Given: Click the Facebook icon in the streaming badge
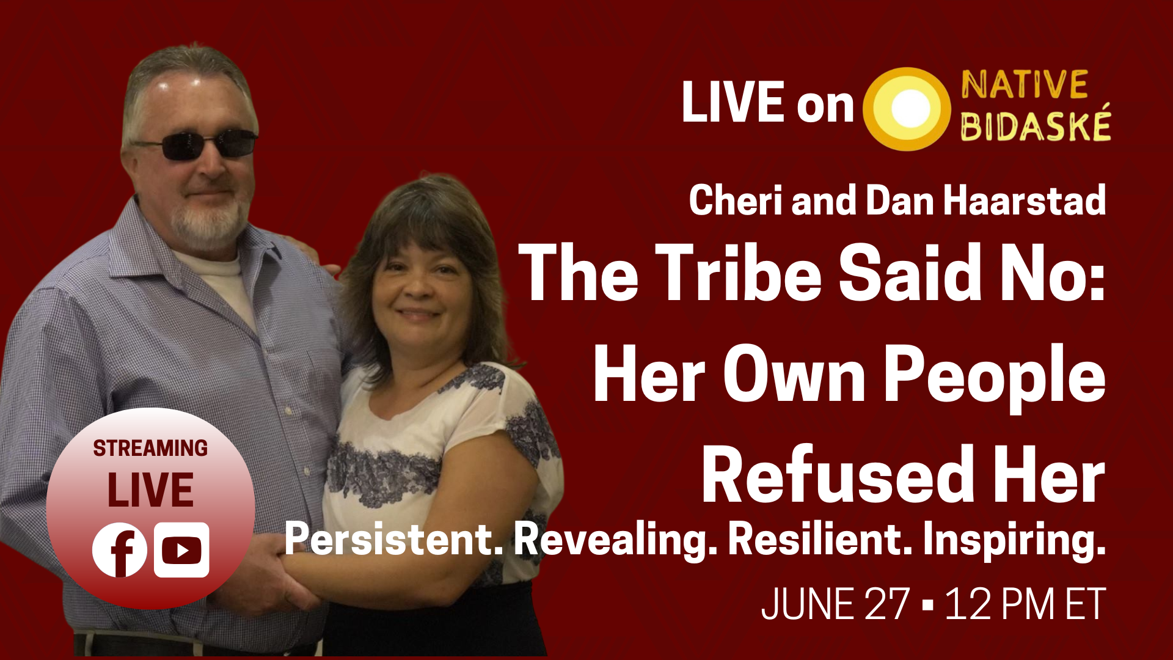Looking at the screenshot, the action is [120, 550].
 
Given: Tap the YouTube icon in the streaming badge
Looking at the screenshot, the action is [181, 550].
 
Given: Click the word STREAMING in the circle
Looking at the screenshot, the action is [150, 448].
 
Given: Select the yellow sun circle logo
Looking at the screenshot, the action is [907, 109].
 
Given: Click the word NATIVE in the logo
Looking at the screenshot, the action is [1025, 84].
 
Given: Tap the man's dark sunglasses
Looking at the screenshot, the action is [195, 144].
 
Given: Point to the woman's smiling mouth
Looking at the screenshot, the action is [417, 314].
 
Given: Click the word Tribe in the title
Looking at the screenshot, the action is [739, 272].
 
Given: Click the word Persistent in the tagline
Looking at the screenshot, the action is [394, 539].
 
